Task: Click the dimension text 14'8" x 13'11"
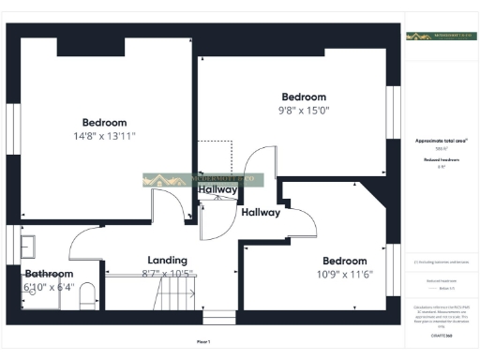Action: pyautogui.click(x=104, y=136)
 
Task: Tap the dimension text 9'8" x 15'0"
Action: pyautogui.click(x=305, y=111)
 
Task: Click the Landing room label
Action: pyautogui.click(x=168, y=260)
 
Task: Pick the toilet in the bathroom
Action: pyautogui.click(x=88, y=297)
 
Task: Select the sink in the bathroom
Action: pyautogui.click(x=28, y=246)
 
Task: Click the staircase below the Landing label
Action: pyautogui.click(x=173, y=298)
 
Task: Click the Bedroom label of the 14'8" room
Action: pyautogui.click(x=104, y=123)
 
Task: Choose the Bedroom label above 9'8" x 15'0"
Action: pyautogui.click(x=305, y=97)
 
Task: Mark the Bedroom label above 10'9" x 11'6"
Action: pyautogui.click(x=344, y=261)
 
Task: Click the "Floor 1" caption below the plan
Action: pyautogui.click(x=203, y=341)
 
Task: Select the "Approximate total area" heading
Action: pyautogui.click(x=442, y=141)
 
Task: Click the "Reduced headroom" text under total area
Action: pyautogui.click(x=442, y=160)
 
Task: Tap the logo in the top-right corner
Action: pyautogui.click(x=441, y=36)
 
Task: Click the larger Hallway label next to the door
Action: pyautogui.click(x=261, y=213)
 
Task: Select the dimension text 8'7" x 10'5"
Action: pyautogui.click(x=168, y=273)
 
